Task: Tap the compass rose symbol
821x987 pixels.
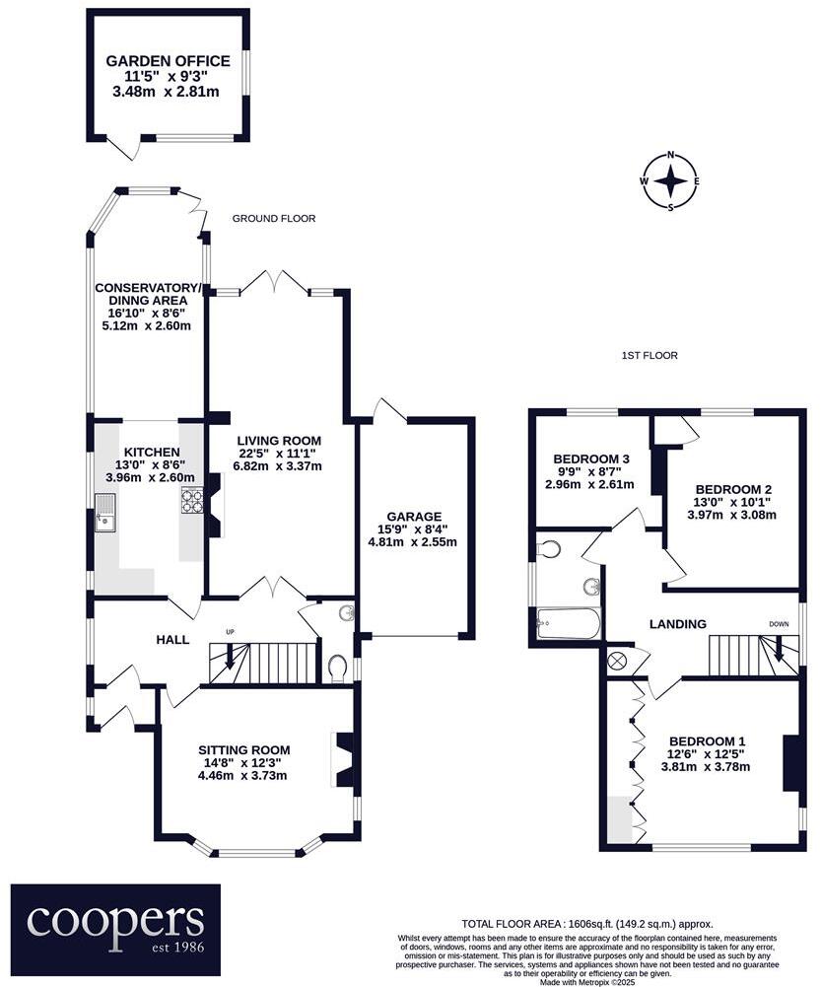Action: click(670, 181)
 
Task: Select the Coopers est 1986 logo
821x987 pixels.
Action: click(115, 924)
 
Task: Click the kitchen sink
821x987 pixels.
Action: click(105, 516)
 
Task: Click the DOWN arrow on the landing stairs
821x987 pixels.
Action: click(780, 649)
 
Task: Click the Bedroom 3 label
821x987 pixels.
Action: click(591, 459)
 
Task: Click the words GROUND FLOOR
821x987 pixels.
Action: click(274, 219)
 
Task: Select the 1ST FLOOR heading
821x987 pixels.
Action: click(649, 356)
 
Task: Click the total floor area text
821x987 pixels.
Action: click(586, 923)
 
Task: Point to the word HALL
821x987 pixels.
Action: click(172, 640)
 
